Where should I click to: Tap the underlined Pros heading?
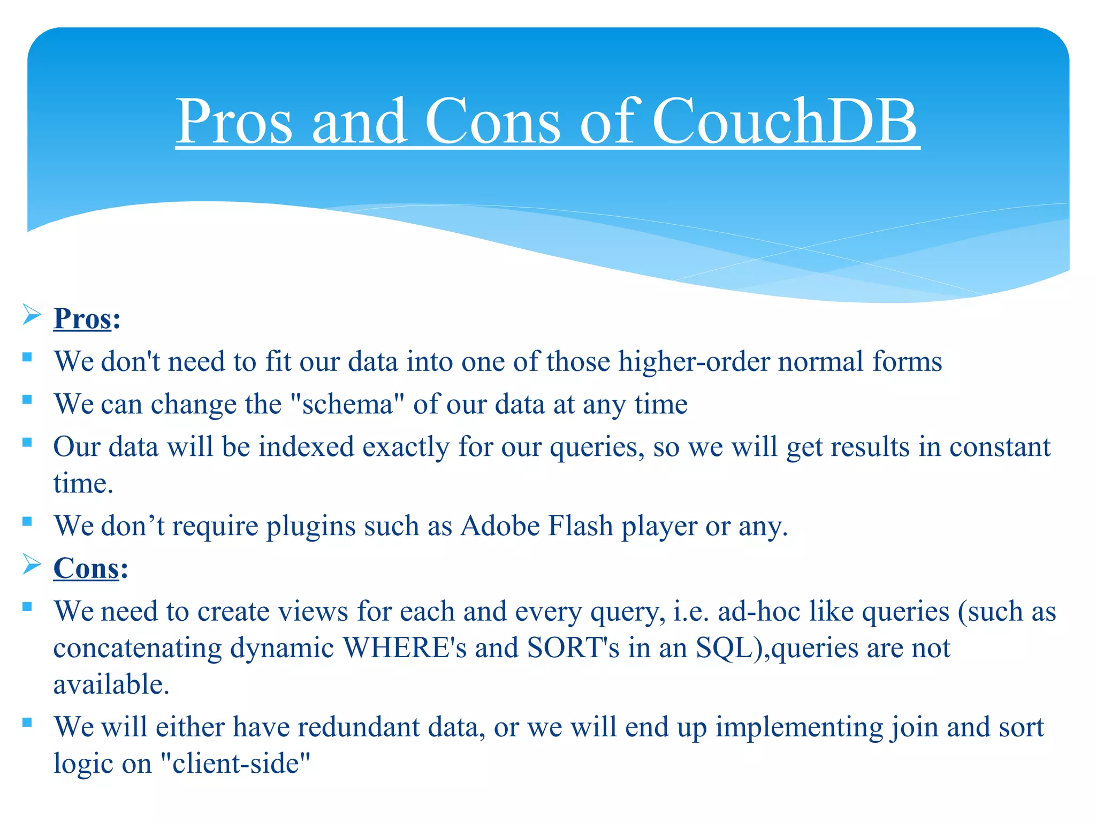[82, 319]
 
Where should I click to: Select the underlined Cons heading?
[86, 568]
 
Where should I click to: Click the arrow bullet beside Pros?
[32, 315]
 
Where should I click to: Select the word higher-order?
[694, 362]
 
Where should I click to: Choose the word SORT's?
[573, 648]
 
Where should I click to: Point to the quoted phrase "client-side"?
[235, 764]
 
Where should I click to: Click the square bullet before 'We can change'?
[27, 399]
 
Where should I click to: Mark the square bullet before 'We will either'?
[27, 722]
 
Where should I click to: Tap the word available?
[111, 684]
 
